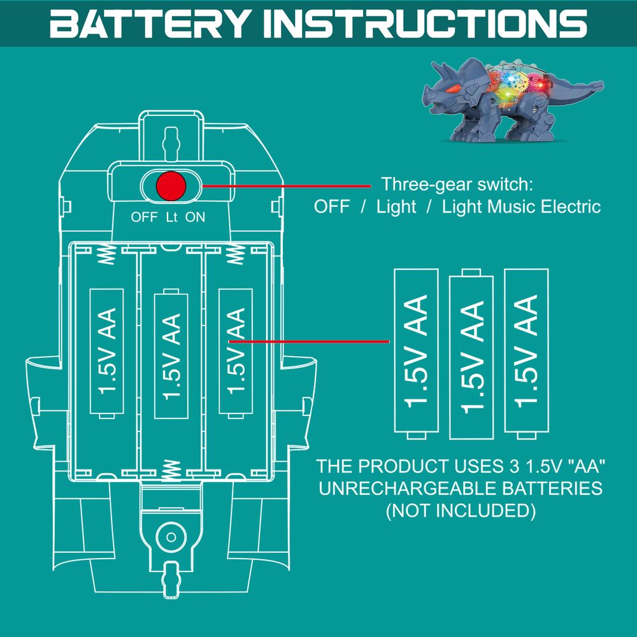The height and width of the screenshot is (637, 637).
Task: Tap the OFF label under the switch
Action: pyautogui.click(x=144, y=217)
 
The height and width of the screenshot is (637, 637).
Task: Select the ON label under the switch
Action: pyautogui.click(x=196, y=217)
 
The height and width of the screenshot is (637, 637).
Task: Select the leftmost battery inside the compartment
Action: pyautogui.click(x=108, y=351)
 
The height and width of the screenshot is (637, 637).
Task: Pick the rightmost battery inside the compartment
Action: pyautogui.click(x=236, y=351)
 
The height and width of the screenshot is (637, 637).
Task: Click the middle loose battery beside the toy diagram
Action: pyautogui.click(x=471, y=353)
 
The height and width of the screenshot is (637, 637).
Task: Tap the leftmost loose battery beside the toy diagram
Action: pyautogui.click(x=417, y=351)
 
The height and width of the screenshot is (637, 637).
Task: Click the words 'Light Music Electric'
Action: pyautogui.click(x=521, y=206)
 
